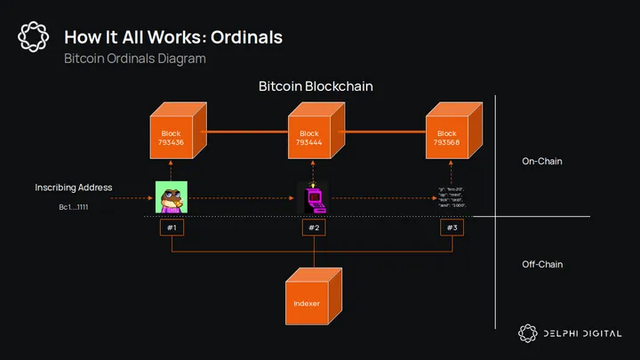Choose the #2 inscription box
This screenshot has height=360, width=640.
(x=314, y=228)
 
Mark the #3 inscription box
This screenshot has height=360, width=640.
(x=452, y=228)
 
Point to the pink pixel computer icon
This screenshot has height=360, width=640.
(x=313, y=197)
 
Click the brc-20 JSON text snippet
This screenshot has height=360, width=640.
(x=452, y=197)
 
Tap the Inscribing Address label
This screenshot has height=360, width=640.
(x=74, y=188)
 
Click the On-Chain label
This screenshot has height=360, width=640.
(x=542, y=162)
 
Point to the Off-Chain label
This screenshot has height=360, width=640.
(x=542, y=264)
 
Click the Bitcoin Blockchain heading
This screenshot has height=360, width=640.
(x=316, y=87)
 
